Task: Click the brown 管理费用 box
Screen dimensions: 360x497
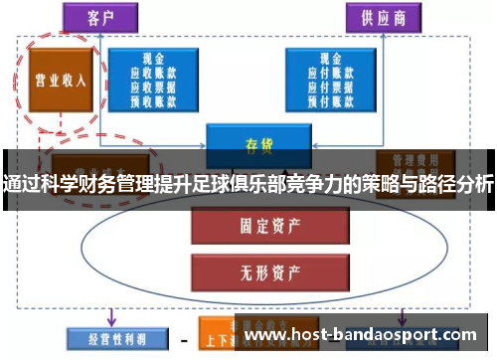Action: click(414, 159)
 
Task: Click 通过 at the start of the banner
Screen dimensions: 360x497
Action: click(22, 183)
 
